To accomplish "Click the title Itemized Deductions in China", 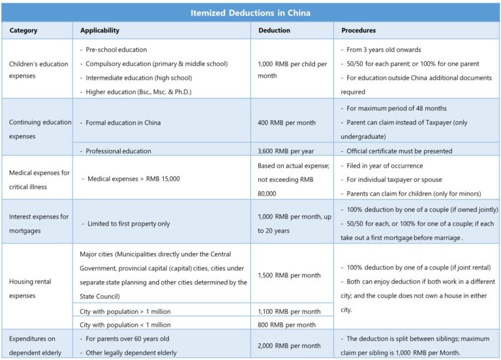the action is pyautogui.click(x=250, y=13).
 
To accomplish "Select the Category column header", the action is pyautogui.click(x=23, y=31).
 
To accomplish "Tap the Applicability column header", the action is pyautogui.click(x=100, y=31).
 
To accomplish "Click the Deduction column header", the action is pyautogui.click(x=275, y=31).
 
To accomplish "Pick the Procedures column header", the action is pyautogui.click(x=359, y=31).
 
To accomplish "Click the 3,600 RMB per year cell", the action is pyautogui.click(x=286, y=151).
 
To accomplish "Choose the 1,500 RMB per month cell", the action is pyautogui.click(x=289, y=275).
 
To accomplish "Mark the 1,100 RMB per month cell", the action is pyautogui.click(x=289, y=312).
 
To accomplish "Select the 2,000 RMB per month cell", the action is pyautogui.click(x=289, y=345).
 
